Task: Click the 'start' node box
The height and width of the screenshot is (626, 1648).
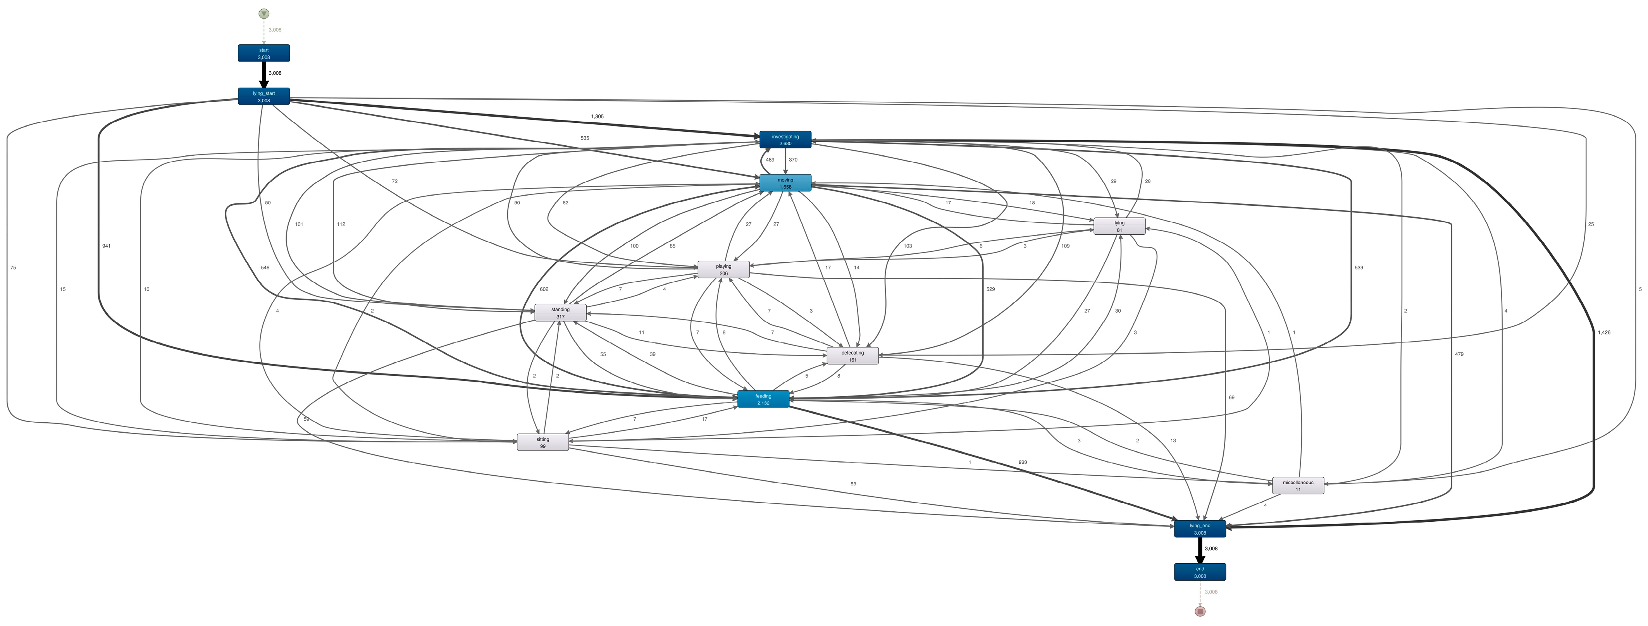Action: click(263, 53)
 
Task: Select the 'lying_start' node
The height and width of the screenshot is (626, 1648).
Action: click(263, 96)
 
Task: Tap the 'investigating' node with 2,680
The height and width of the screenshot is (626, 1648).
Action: click(785, 139)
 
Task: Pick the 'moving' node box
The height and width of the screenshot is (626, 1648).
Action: click(785, 183)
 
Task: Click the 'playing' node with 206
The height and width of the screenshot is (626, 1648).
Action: click(723, 269)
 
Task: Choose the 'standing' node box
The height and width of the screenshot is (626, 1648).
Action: click(560, 313)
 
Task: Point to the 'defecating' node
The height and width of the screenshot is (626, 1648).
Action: click(852, 356)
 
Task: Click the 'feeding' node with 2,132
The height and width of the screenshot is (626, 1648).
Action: click(763, 399)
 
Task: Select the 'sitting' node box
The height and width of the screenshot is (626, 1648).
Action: click(542, 442)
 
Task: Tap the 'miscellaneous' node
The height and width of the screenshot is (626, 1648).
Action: click(1297, 485)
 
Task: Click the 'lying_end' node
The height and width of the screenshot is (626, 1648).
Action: click(1200, 529)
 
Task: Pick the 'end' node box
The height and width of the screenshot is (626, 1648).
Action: click(1200, 572)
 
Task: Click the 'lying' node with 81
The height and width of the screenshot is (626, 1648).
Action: click(1119, 226)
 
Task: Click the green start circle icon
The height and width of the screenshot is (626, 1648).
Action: click(263, 14)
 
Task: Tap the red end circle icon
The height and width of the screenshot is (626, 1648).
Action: click(1200, 611)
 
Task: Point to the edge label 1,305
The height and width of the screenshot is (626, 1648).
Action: click(597, 116)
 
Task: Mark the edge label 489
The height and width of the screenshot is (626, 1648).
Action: click(770, 160)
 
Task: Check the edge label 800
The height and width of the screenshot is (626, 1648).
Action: click(1022, 462)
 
